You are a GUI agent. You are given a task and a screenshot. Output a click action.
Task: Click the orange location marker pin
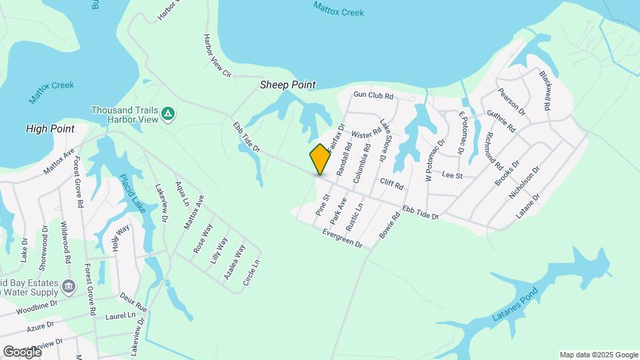tap(320, 159)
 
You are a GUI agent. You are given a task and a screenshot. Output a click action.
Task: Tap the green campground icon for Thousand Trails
tap(169, 114)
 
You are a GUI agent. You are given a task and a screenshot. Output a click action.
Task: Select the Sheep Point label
tap(287, 85)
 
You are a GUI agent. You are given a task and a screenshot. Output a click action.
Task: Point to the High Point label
tap(49, 128)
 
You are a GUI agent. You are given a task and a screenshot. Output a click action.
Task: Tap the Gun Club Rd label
tap(374, 96)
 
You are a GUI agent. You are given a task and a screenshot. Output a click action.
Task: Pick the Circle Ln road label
tap(251, 273)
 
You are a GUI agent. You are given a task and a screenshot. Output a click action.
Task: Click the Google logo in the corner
tap(21, 351)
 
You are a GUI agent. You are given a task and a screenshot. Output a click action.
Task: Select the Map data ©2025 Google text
tap(599, 355)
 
